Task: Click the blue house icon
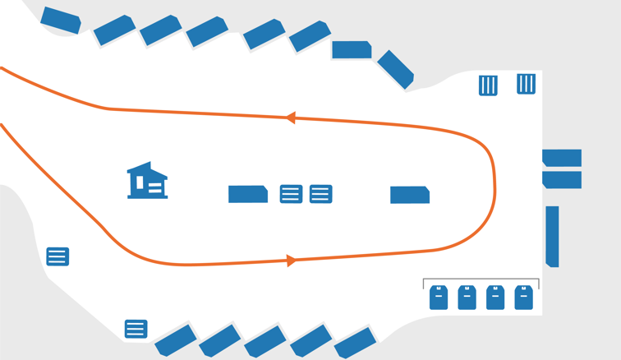pos(147,182)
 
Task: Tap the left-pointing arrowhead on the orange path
pos(290,118)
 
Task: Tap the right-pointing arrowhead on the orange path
pos(291,261)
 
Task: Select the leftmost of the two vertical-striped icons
pos(488,85)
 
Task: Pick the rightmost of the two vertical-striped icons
pos(526,83)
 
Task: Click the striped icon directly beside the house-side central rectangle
pos(291,194)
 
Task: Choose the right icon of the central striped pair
pos(320,194)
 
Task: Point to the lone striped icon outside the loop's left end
pos(57,256)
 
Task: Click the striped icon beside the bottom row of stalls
pos(136,329)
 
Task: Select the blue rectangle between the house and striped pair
pos(247,194)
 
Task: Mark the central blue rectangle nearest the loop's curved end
pos(409,195)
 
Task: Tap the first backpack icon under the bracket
pos(439,298)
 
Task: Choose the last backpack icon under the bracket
pos(523,298)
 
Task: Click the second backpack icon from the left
pos(467,298)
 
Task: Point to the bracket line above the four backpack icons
pos(481,280)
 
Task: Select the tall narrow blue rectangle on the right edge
pos(552,236)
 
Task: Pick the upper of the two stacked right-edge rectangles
pos(562,158)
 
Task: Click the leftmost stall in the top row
pos(61,21)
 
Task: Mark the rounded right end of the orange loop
pos(494,189)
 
